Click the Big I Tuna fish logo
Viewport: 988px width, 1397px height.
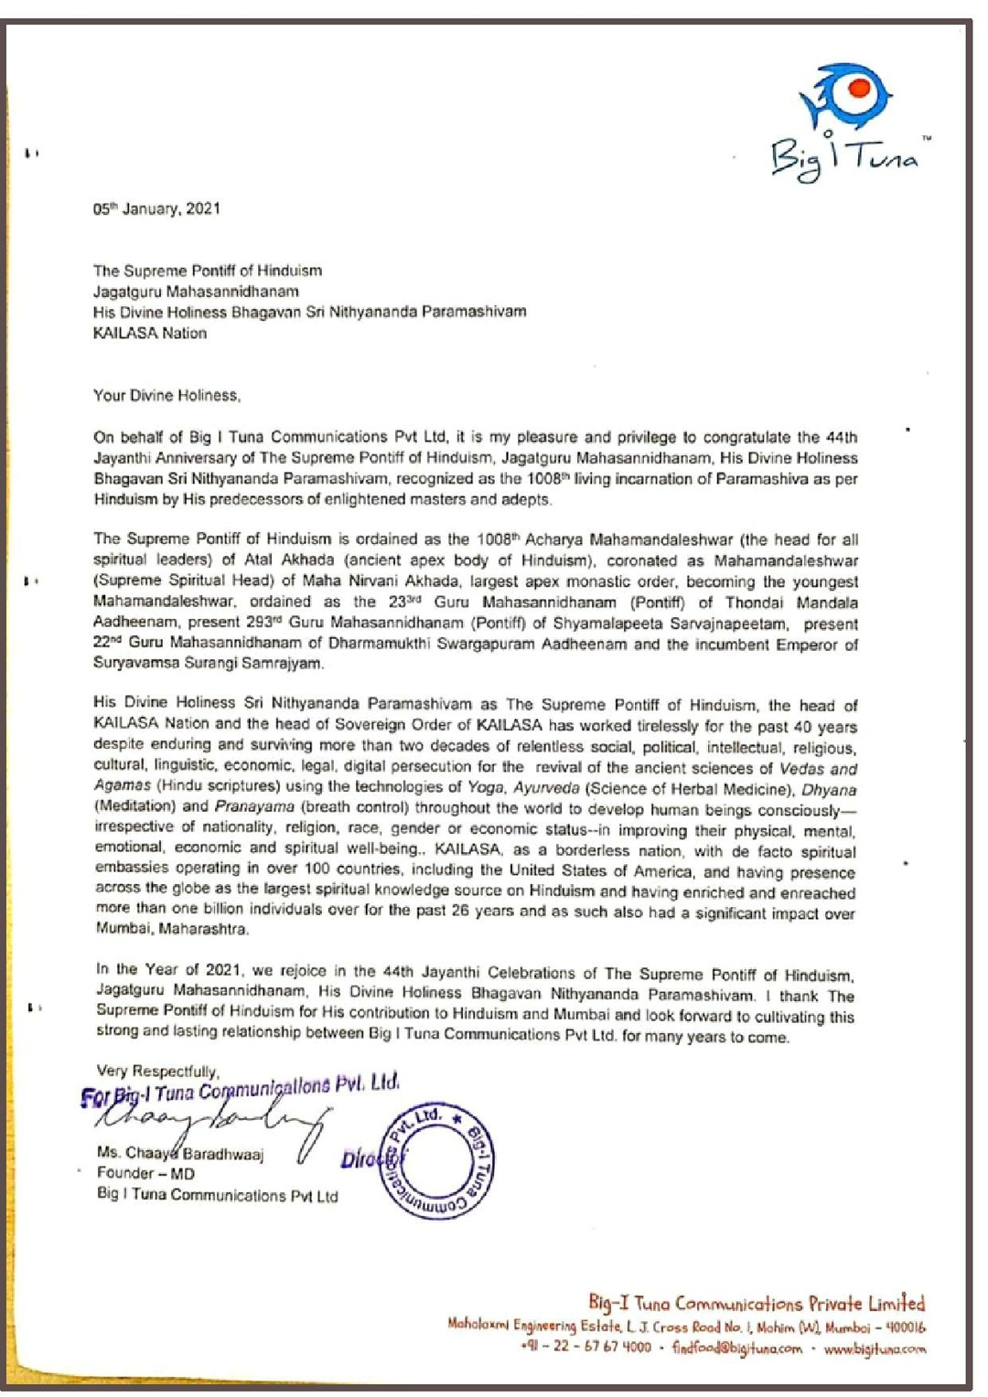tap(844, 97)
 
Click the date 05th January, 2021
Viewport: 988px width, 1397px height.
tap(156, 208)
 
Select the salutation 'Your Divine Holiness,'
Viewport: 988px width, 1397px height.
tap(166, 395)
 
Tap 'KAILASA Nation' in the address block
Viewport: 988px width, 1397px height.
tap(150, 333)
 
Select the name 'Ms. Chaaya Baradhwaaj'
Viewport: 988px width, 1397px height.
tap(180, 1153)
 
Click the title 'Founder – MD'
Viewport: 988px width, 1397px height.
tap(145, 1173)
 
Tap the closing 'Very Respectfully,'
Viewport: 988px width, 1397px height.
tap(157, 1071)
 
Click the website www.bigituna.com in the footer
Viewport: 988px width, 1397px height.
tap(875, 1348)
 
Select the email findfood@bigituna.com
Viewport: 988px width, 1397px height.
tap(736, 1348)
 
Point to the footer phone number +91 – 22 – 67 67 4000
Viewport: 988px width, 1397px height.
tap(585, 1347)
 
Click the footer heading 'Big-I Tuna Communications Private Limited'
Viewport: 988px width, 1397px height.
tap(756, 1303)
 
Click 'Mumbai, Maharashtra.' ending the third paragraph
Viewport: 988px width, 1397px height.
tap(172, 929)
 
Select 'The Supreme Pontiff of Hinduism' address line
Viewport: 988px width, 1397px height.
tap(207, 271)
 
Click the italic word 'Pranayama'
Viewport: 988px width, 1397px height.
tap(254, 806)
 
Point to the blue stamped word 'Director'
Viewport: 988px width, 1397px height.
tap(370, 1158)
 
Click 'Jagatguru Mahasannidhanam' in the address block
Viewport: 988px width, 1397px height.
tap(196, 292)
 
